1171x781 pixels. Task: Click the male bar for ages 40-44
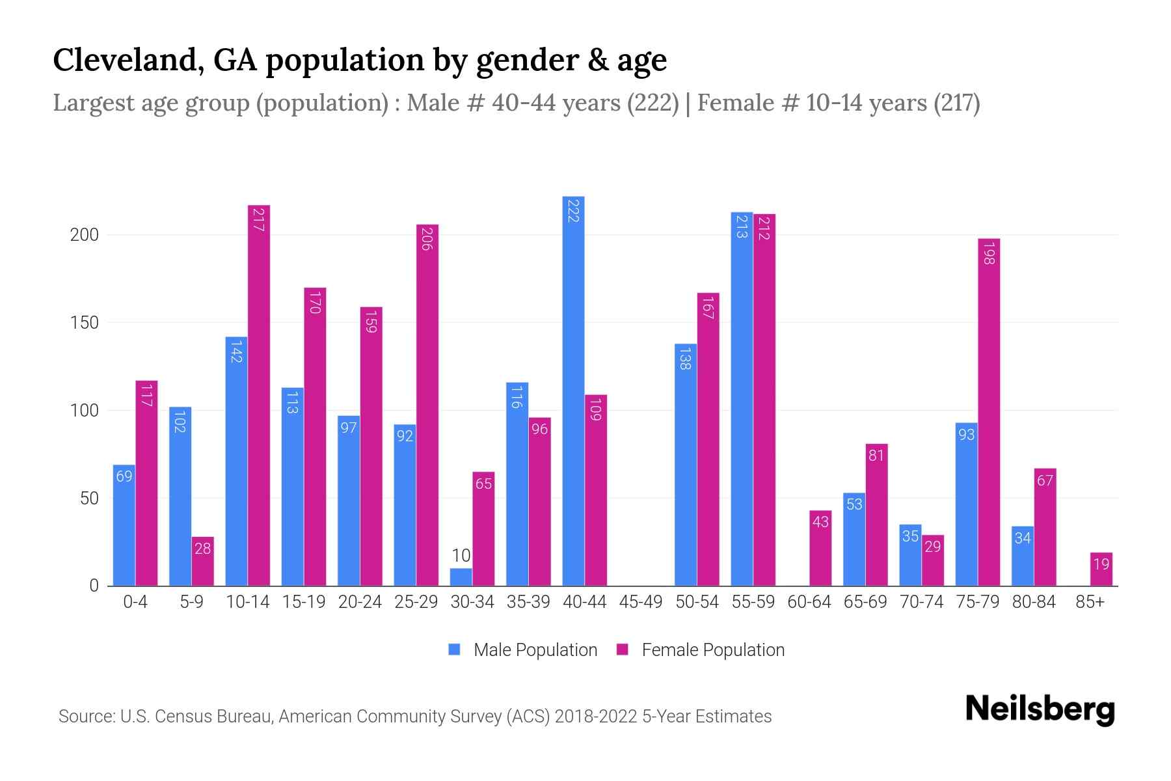(x=573, y=390)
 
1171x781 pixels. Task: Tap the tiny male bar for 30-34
(x=461, y=577)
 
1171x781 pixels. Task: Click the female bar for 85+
(x=1101, y=569)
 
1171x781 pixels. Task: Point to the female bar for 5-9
(x=203, y=561)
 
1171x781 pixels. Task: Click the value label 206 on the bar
(x=427, y=239)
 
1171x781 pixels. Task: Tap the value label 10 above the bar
(x=461, y=555)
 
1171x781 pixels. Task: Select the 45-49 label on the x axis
(x=640, y=602)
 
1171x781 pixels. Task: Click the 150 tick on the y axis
(x=84, y=323)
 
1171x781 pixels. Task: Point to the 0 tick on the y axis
(x=94, y=586)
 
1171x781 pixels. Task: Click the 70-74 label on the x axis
(x=921, y=602)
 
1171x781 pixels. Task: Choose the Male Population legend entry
(x=535, y=650)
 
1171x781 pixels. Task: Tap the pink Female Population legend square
(x=623, y=650)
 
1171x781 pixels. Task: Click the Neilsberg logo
(x=1040, y=709)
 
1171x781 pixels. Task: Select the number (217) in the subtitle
(x=956, y=103)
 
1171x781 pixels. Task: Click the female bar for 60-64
(x=820, y=548)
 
